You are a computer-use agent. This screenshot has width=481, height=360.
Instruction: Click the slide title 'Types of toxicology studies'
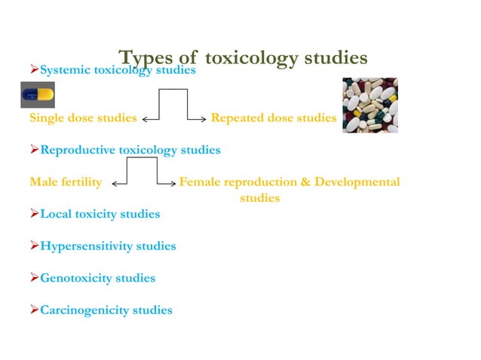point(243,57)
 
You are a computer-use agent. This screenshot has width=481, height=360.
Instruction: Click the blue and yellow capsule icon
point(37,95)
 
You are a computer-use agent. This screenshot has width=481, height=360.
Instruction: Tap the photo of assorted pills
point(370,105)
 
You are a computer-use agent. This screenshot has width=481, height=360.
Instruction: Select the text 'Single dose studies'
point(83,118)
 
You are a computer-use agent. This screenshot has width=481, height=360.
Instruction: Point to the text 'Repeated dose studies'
point(273,118)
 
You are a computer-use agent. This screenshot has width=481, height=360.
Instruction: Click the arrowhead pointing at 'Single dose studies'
point(145,119)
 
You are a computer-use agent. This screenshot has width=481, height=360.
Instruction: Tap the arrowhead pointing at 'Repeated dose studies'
point(204,119)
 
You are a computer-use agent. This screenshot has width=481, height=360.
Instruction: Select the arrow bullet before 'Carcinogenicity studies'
point(34,310)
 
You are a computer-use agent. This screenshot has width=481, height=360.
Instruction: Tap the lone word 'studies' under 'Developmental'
point(259,199)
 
